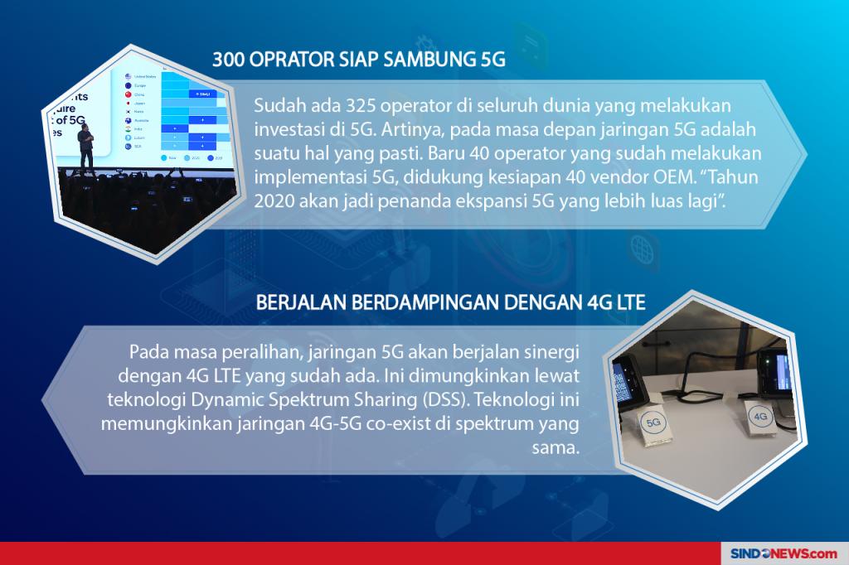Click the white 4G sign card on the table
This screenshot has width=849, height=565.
[x=759, y=414]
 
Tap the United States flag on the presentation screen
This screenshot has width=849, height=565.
[x=127, y=76]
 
